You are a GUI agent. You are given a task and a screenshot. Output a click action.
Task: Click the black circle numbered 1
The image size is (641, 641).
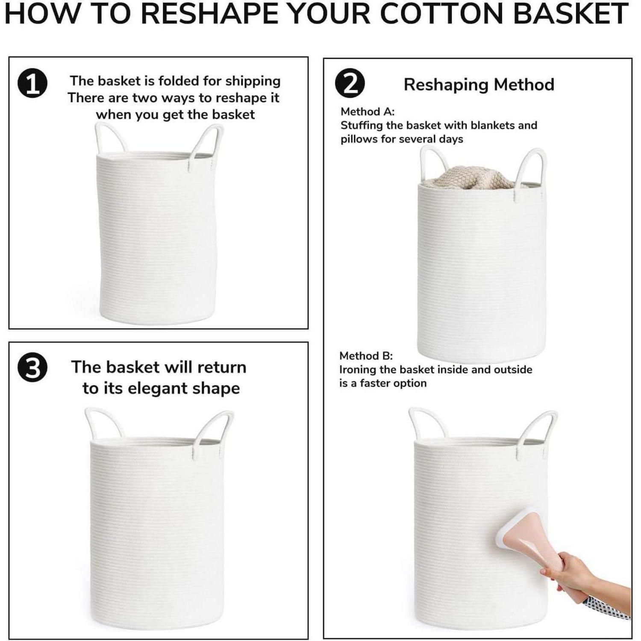click(x=32, y=84)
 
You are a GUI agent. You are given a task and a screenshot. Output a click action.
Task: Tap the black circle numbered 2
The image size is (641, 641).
click(x=350, y=84)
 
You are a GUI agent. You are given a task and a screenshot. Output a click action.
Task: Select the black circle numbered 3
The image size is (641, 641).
click(x=32, y=369)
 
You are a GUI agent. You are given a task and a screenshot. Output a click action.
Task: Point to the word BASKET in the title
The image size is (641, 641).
click(x=570, y=14)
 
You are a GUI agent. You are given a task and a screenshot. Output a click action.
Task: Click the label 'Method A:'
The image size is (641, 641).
click(x=368, y=112)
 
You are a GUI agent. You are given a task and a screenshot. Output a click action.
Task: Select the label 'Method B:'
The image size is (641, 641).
click(x=366, y=356)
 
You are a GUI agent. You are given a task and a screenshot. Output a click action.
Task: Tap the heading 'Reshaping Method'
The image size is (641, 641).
click(x=479, y=85)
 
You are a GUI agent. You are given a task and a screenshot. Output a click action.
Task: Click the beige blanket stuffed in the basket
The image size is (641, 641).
click(x=470, y=177)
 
